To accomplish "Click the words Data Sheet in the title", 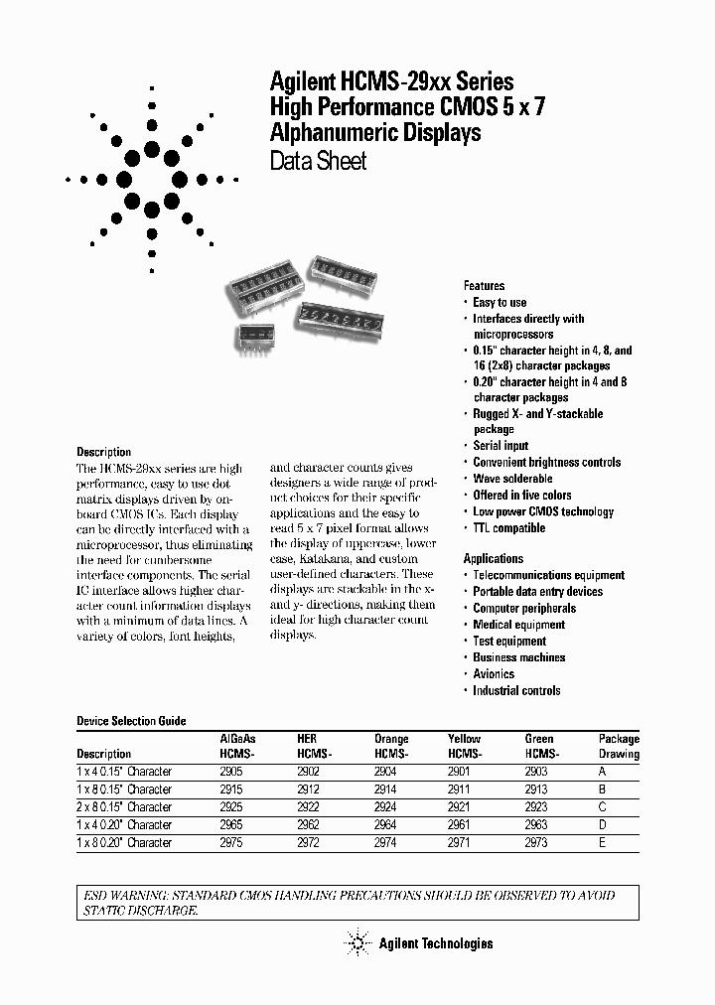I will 319,161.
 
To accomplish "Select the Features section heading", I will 484,285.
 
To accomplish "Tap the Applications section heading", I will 493,558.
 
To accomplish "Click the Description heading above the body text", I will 103,452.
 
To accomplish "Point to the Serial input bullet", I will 500,446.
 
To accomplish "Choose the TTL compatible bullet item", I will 508,528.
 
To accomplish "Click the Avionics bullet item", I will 494,673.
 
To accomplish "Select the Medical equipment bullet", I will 518,625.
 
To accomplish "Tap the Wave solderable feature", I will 512,479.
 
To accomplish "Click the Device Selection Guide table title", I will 131,721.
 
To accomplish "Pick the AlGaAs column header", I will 236,739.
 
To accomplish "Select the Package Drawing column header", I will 619,747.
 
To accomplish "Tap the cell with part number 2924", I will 385,807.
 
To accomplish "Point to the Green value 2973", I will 536,843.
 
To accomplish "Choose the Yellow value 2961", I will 461,825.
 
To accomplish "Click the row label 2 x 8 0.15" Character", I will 124,807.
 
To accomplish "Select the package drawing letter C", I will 603,807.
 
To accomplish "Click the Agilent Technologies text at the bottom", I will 435,943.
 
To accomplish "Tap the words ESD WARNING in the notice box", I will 121,895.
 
